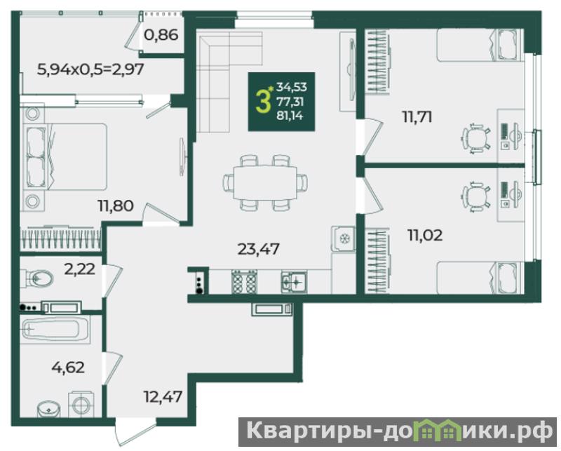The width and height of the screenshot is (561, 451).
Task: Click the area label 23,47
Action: click(258, 249)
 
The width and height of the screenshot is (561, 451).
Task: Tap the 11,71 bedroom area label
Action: click(417, 117)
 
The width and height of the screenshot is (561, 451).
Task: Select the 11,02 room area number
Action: click(425, 235)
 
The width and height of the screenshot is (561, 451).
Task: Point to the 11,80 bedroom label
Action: click(116, 206)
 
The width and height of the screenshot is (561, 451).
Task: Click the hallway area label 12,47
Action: click(163, 396)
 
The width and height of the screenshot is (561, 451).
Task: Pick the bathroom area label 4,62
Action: click(68, 368)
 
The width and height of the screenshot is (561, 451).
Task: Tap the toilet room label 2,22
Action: click(79, 269)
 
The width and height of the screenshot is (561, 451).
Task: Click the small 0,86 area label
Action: click(161, 35)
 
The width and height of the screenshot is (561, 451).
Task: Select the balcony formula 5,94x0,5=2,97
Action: click(90, 69)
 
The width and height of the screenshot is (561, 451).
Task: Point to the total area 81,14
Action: click(290, 116)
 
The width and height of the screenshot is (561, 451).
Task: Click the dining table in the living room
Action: click(265, 182)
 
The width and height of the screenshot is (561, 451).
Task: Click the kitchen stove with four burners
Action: click(244, 281)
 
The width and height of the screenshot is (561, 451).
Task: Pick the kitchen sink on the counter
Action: click(294, 282)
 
